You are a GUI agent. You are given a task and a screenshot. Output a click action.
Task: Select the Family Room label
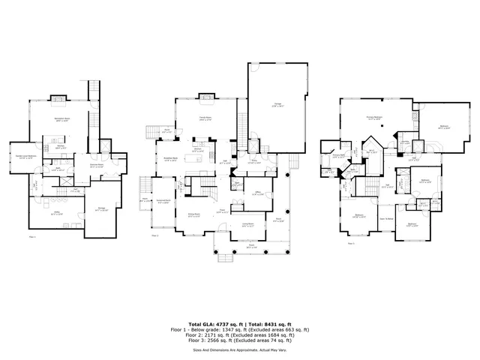click(203, 119)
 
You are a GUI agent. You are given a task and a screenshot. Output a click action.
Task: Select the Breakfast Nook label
click(171, 159)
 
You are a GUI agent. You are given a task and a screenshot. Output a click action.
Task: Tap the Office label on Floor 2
click(259, 193)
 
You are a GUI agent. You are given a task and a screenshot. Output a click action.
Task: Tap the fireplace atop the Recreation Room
click(57, 97)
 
